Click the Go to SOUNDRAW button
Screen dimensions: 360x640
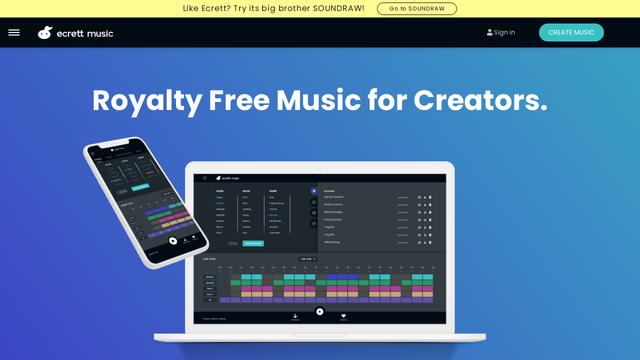click(x=416, y=8)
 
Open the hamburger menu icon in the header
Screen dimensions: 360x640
click(x=14, y=32)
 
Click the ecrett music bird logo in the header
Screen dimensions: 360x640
click(x=45, y=32)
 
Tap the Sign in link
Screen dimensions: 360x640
click(x=501, y=32)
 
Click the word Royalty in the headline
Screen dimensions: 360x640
click(x=147, y=100)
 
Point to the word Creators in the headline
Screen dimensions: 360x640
click(x=480, y=100)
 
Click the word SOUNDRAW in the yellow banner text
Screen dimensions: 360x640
click(x=338, y=8)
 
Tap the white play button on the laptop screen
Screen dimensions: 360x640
click(x=320, y=311)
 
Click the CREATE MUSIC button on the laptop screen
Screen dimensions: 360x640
click(x=253, y=243)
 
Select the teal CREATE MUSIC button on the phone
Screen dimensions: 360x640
click(x=140, y=187)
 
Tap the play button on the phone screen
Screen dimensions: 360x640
click(x=173, y=241)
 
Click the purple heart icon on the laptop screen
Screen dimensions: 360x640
click(x=314, y=191)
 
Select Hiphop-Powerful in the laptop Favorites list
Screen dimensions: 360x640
click(x=333, y=197)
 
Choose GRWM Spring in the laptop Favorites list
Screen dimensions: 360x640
click(x=332, y=242)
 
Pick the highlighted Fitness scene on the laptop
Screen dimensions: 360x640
click(x=220, y=203)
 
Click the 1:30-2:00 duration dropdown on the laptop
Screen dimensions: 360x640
click(x=308, y=259)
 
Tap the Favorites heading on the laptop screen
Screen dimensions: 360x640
click(x=329, y=191)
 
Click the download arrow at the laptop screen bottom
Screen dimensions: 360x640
click(x=295, y=316)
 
